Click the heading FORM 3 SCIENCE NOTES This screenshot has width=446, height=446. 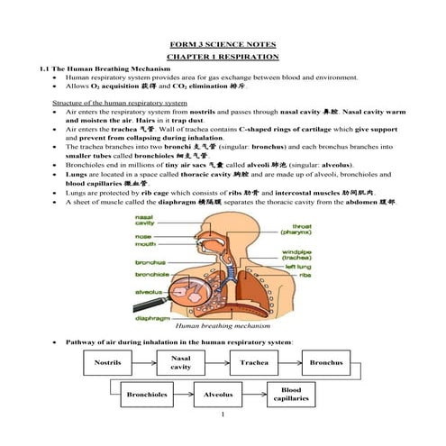point(223,44)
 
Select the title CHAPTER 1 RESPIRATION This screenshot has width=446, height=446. point(223,56)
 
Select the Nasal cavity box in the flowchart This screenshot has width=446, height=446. point(180,362)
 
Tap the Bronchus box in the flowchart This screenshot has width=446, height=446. point(325,363)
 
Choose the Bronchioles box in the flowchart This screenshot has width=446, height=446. point(146,395)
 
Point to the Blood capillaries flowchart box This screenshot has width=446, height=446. point(290,394)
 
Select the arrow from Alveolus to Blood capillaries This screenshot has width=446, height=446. point(254,395)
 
